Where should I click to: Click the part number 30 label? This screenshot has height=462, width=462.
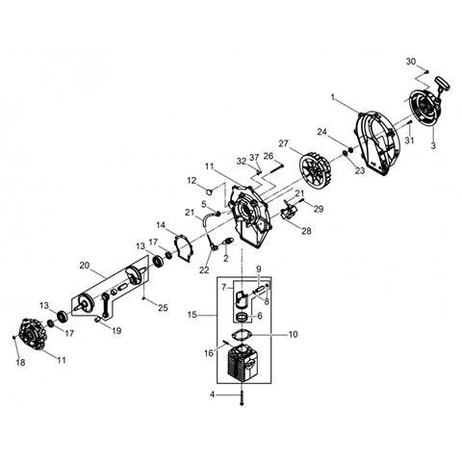tap(411, 62)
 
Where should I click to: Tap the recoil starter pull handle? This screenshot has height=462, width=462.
tap(443, 84)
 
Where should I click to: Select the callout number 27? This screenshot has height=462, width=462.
tap(283, 143)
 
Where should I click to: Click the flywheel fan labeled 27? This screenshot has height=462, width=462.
tap(317, 173)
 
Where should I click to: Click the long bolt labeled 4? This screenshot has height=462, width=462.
tap(242, 398)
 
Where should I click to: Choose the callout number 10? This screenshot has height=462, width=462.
tap(294, 334)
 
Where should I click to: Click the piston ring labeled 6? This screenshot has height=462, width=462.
tap(243, 317)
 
